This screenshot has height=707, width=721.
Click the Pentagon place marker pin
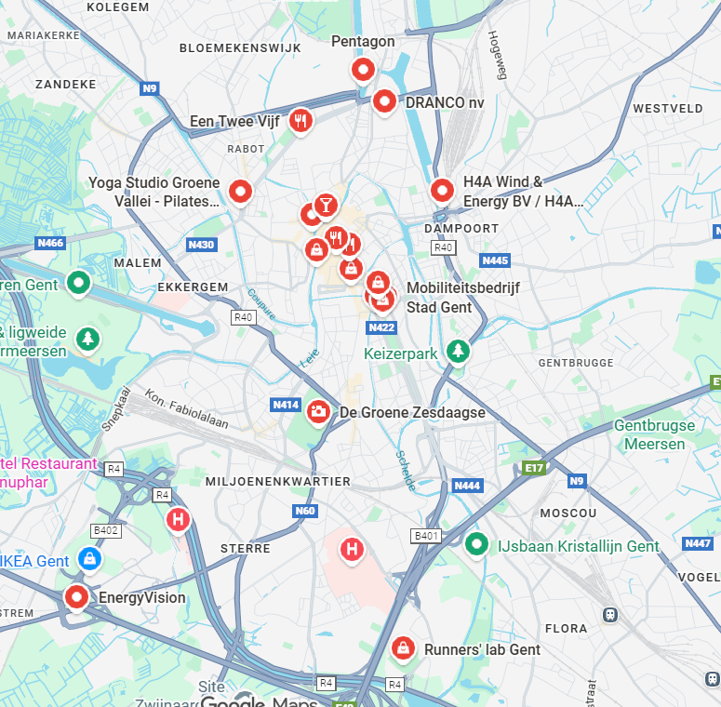tap(363, 69)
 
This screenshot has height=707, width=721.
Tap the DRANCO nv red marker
tap(384, 100)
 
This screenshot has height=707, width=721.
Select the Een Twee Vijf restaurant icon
tap(300, 119)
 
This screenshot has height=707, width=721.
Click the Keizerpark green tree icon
tap(457, 351)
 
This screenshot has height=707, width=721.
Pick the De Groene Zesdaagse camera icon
tap(318, 410)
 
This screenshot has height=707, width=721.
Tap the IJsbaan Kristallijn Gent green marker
tap(477, 543)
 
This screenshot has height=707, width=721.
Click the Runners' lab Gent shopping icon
tap(403, 647)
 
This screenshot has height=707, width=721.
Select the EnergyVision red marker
tap(77, 595)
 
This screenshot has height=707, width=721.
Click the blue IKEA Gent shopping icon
tap(88, 558)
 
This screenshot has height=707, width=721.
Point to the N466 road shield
tap(50, 243)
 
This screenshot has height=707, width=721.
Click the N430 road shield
tap(200, 245)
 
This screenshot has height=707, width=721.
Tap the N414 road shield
tap(285, 405)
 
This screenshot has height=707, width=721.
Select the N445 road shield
tap(496, 260)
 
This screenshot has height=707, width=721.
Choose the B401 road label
tap(425, 536)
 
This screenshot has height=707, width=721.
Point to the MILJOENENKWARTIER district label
tap(276, 481)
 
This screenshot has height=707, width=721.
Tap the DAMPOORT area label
tap(461, 228)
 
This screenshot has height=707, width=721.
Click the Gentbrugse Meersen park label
tap(654, 434)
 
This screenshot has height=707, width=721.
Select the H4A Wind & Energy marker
tap(442, 190)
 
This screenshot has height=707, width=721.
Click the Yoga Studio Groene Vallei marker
tap(241, 191)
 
